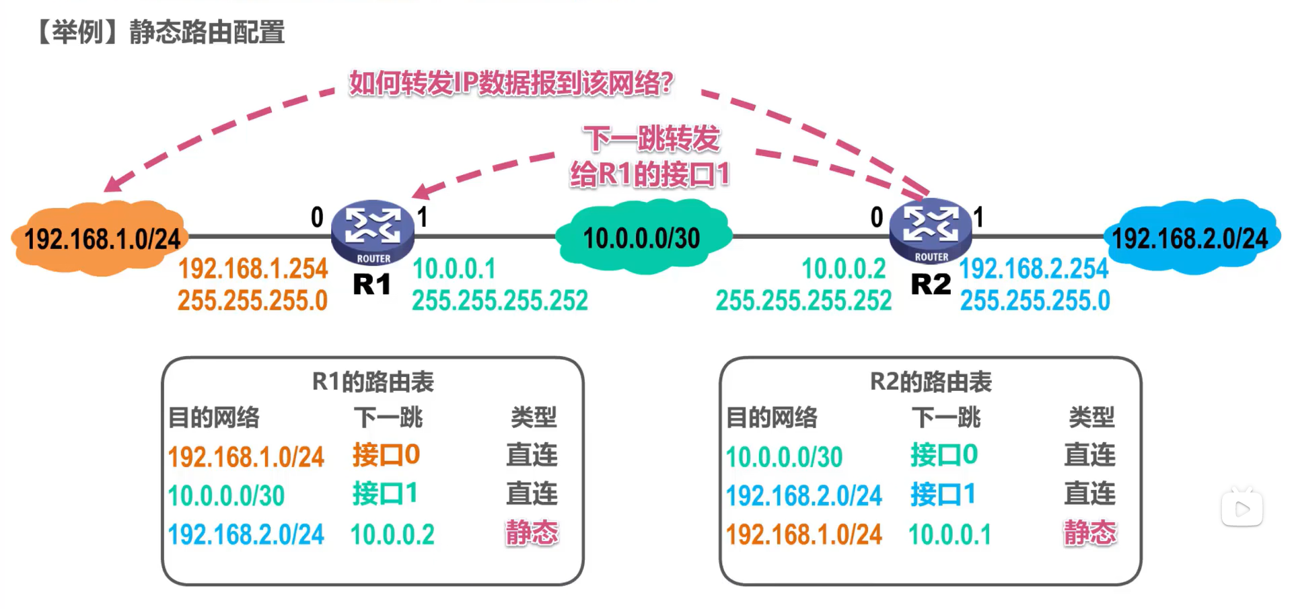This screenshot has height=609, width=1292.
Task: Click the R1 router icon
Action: (372, 231)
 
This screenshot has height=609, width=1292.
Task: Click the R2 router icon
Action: (931, 230)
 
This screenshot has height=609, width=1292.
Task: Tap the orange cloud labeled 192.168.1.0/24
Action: (101, 238)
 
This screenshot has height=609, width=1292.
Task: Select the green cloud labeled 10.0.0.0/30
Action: (642, 238)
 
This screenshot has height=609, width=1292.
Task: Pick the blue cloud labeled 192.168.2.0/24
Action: (1190, 238)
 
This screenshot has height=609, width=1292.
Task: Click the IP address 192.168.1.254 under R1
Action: (252, 268)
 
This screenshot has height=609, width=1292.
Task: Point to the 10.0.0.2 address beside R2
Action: (843, 268)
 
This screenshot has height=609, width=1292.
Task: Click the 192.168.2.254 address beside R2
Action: (1034, 268)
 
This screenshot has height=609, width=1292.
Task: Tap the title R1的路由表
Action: (373, 382)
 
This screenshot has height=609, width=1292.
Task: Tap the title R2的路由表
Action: (931, 382)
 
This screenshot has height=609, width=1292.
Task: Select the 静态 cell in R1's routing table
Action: (532, 533)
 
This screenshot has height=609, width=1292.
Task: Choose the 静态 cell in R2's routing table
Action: (1089, 533)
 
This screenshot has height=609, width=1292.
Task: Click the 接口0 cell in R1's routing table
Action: (386, 455)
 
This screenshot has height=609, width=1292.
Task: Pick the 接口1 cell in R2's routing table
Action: (943, 495)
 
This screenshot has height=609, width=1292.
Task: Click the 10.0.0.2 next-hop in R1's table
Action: (392, 534)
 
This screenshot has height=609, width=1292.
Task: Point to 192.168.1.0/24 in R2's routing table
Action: (803, 534)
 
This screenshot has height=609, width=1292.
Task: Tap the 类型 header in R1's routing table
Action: (533, 417)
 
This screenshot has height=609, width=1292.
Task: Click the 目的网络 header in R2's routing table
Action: (771, 417)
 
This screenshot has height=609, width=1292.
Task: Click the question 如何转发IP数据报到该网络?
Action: (511, 83)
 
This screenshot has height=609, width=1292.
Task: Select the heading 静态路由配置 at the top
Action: (207, 32)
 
